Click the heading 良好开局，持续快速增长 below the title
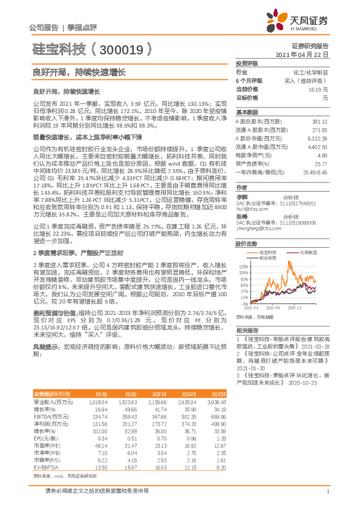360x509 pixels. tap(79, 71)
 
